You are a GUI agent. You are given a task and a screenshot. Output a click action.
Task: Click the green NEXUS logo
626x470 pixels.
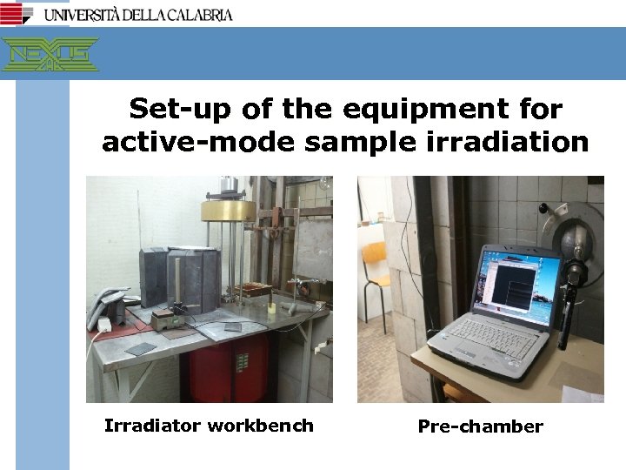50,54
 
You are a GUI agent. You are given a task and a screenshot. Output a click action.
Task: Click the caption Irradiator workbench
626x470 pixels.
209,426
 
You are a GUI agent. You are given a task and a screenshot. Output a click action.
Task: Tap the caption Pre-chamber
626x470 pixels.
480,426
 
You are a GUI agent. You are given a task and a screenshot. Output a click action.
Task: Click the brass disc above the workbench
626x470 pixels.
228,210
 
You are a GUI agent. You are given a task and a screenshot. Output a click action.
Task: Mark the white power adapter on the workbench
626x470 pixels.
103,325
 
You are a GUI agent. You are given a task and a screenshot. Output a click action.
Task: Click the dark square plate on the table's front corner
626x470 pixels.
139,348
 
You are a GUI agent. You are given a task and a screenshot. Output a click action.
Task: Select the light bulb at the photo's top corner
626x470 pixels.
325,183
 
